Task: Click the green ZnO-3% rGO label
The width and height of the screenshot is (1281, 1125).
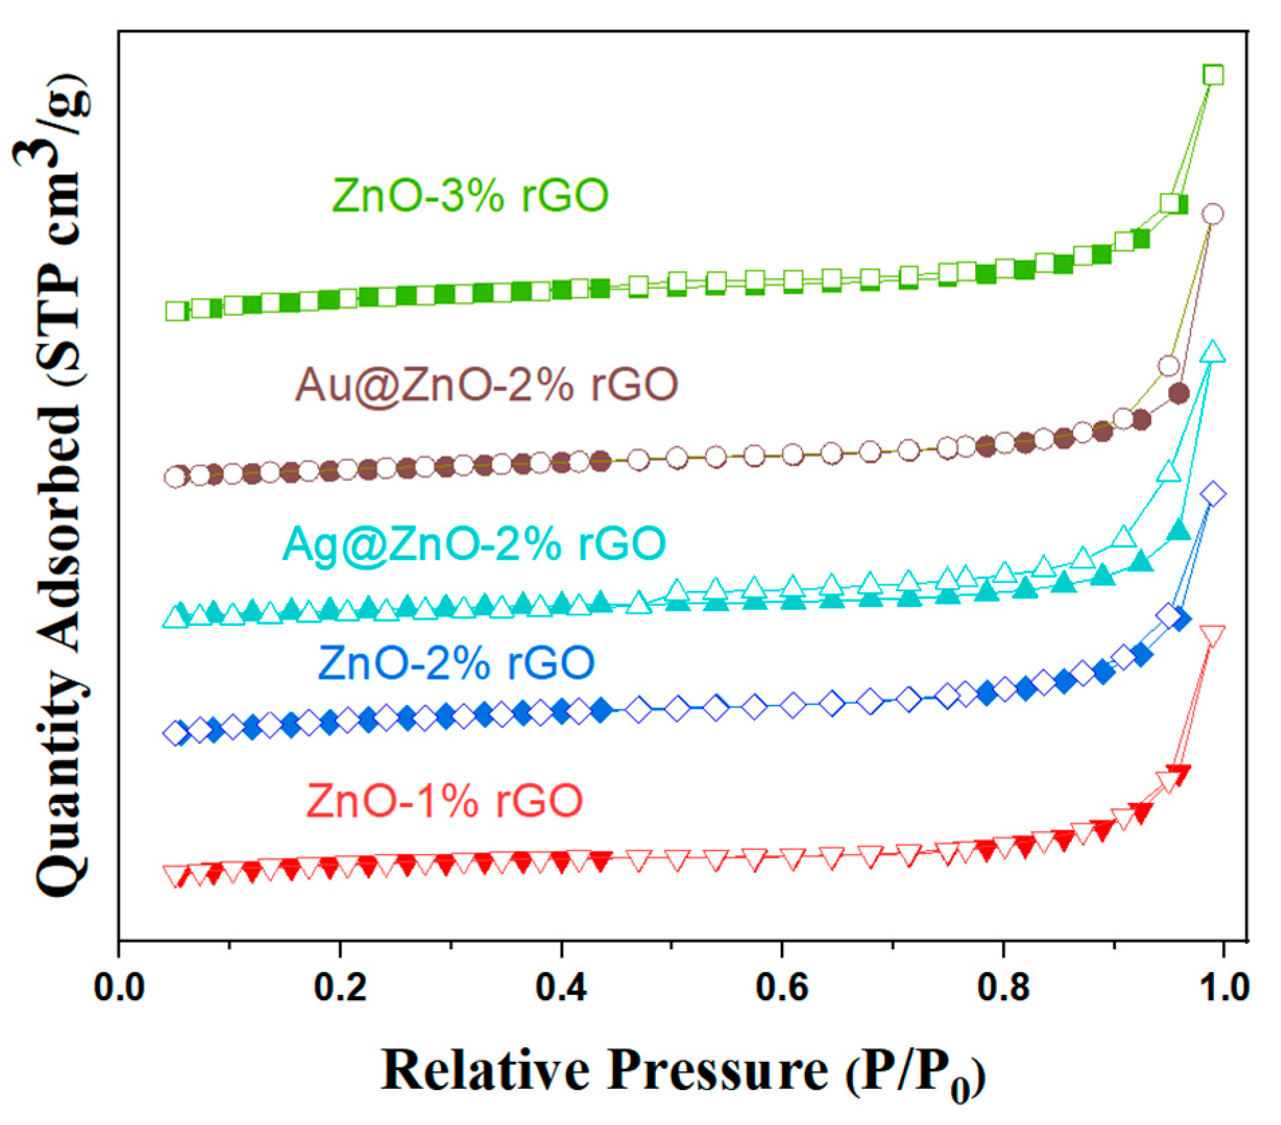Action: point(469,195)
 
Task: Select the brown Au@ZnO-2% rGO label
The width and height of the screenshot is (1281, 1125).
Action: point(487,384)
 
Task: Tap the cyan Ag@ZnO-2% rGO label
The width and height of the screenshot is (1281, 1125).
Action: point(474,543)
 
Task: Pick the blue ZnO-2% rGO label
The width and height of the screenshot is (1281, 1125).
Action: point(456,663)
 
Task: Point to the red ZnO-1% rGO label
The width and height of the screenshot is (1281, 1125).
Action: point(444,800)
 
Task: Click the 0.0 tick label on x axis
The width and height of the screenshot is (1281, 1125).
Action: point(119,987)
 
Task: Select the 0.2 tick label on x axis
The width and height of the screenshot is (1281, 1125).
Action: point(340,987)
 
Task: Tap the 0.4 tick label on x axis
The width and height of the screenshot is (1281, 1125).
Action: point(561,987)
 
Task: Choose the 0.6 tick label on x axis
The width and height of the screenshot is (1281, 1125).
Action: point(781,987)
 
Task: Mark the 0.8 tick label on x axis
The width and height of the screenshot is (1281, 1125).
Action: point(1003,987)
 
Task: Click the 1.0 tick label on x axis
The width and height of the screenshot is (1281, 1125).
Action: point(1223,987)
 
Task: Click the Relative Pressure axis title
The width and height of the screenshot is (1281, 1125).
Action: point(682,1071)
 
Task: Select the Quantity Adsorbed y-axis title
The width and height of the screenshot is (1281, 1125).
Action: point(60,483)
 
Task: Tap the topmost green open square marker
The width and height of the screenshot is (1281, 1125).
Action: point(1213,75)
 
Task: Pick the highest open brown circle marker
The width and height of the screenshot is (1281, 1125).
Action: point(1213,214)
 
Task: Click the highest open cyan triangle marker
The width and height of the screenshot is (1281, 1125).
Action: point(1213,352)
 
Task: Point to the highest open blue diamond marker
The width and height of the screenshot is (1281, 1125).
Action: point(1213,494)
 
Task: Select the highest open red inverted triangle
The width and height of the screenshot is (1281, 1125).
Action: point(1213,634)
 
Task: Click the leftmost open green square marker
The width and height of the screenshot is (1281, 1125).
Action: point(176,311)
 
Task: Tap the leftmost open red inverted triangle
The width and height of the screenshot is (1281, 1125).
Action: point(175,874)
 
